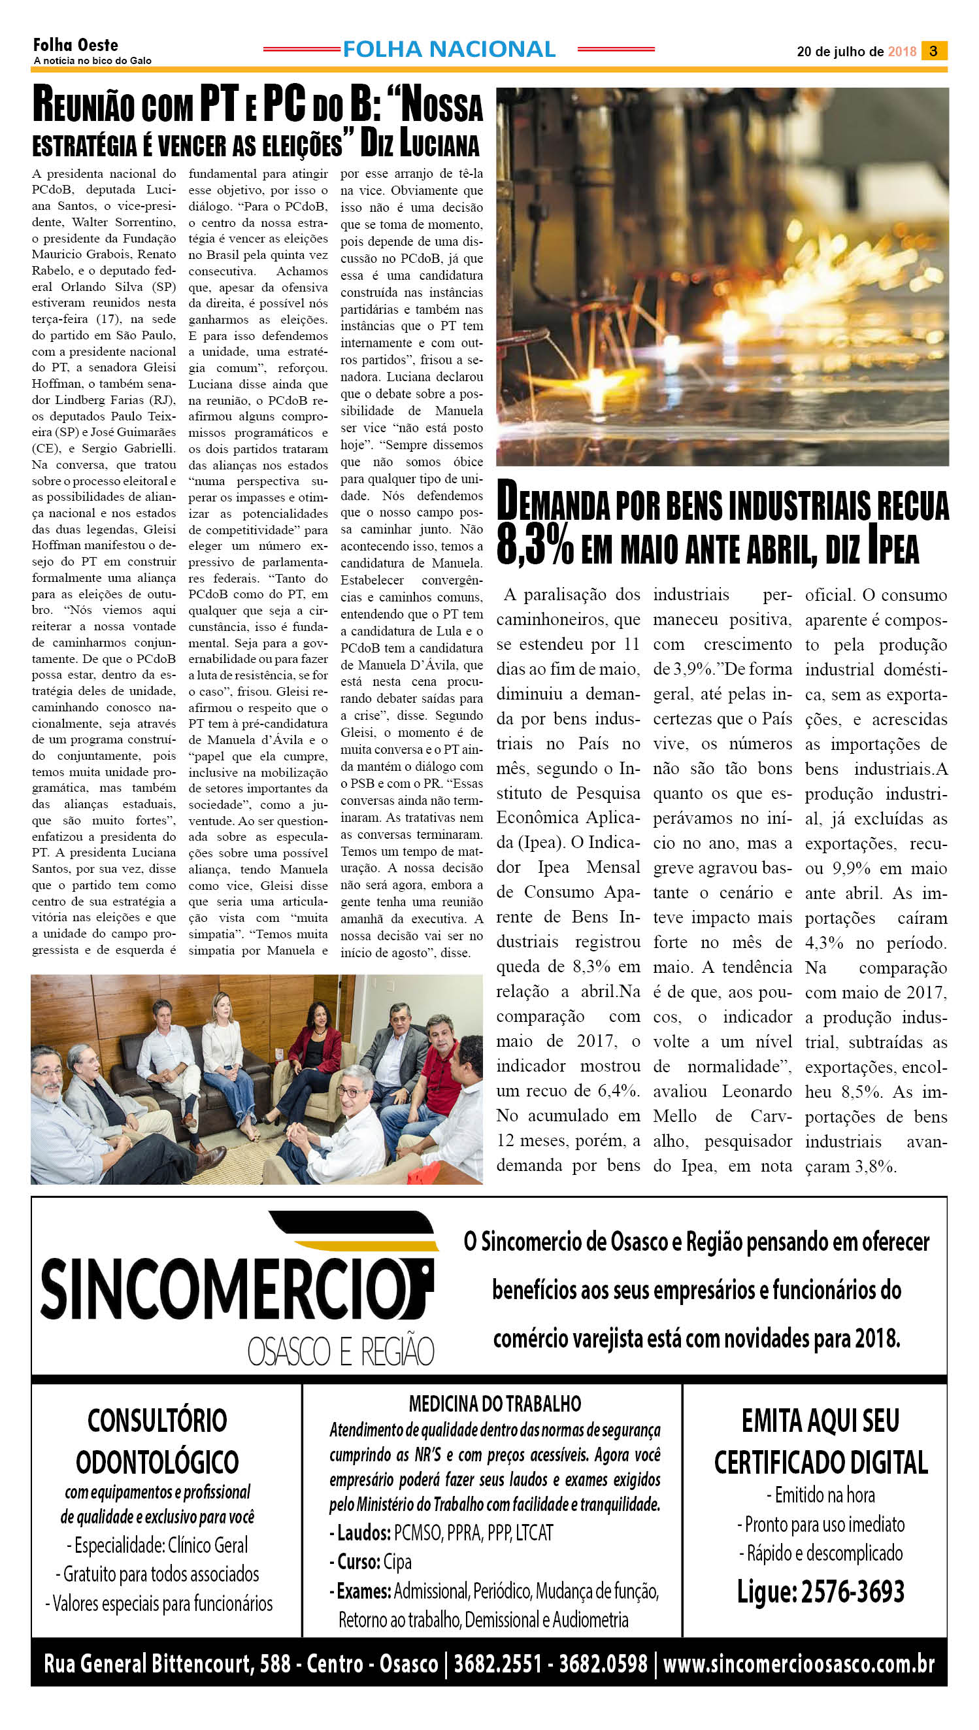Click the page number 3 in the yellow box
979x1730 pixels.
click(x=933, y=51)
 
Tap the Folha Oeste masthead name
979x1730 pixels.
click(x=75, y=45)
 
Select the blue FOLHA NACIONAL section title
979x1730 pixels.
click(x=448, y=49)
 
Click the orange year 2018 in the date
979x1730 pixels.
click(x=902, y=52)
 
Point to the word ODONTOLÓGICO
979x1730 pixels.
click(x=158, y=1463)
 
